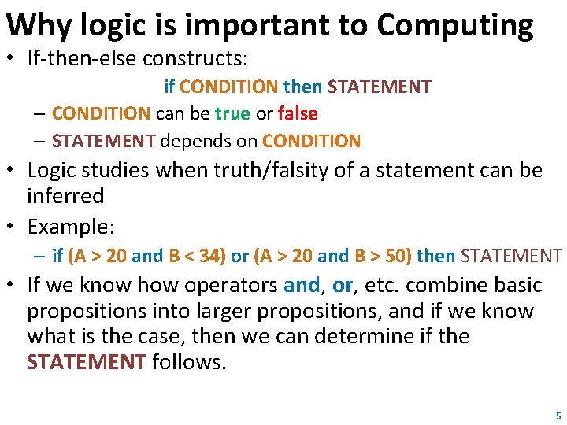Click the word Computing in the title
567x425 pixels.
pos(454,25)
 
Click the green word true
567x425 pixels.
pos(232,113)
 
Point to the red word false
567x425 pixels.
pos(298,113)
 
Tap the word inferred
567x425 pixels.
pos(65,195)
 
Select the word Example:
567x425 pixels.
pos(71,227)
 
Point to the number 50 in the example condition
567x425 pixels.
pos(395,256)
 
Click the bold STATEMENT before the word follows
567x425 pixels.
pos(87,362)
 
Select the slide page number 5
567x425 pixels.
pos(558,415)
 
